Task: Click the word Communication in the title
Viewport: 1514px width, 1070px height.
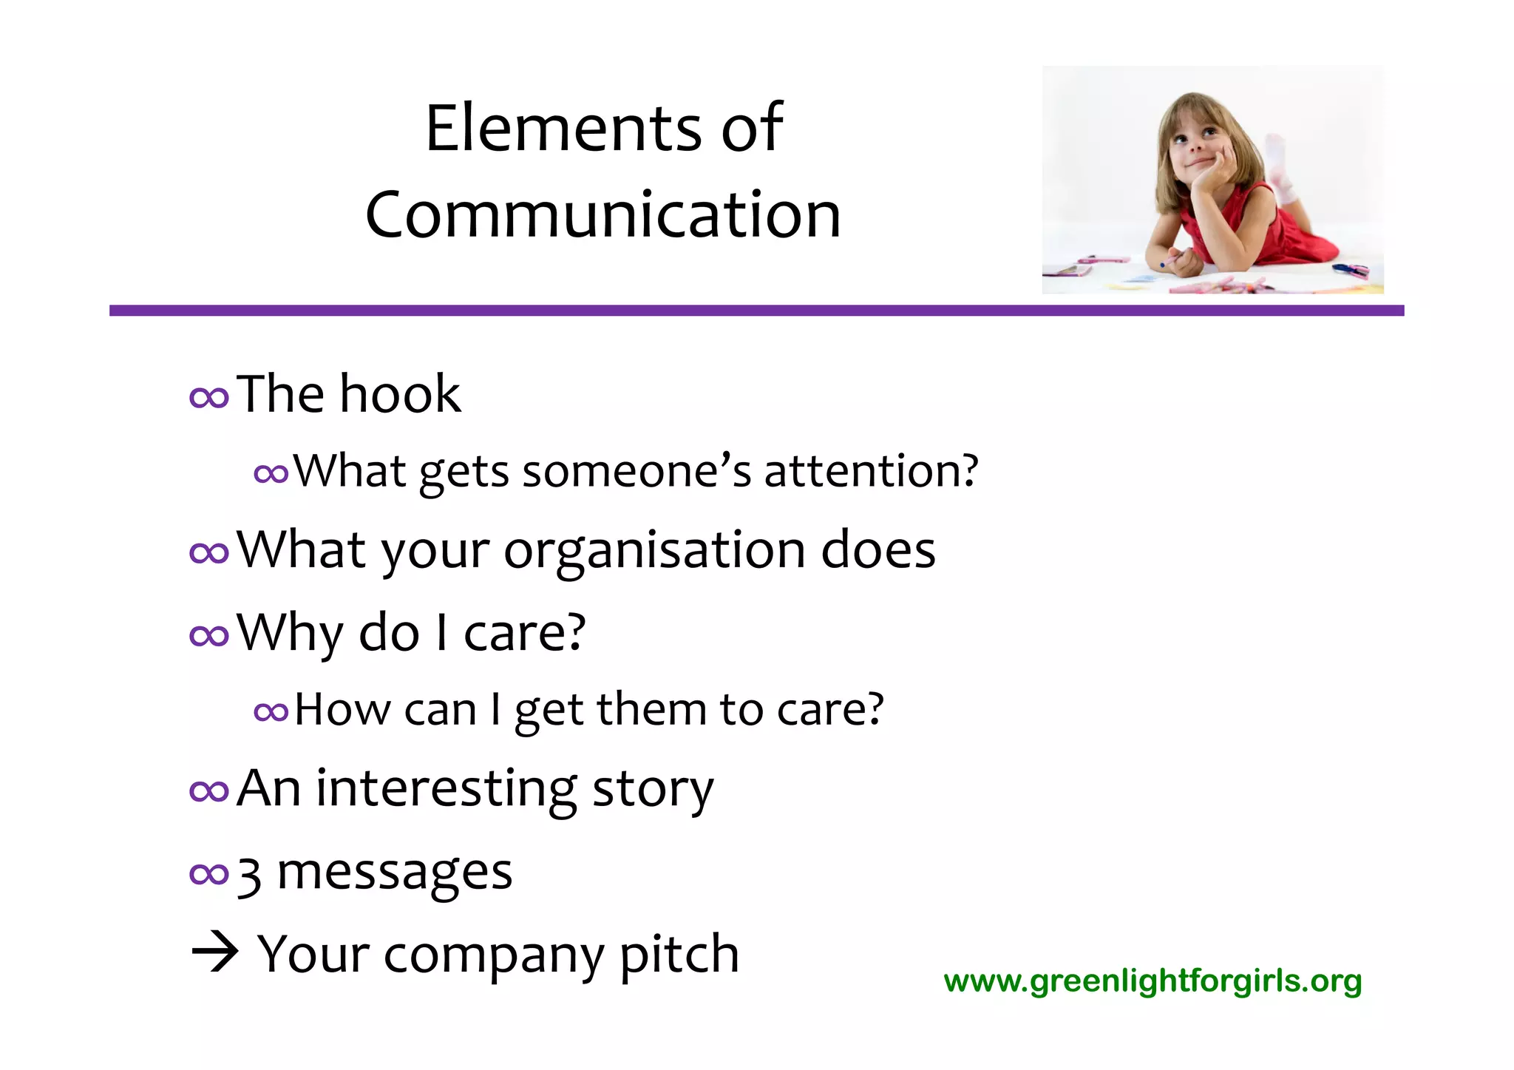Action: click(602, 214)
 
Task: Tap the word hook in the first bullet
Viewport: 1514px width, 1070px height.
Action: click(400, 393)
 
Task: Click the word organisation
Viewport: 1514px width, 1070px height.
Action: click(655, 550)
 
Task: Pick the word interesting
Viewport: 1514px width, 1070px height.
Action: click(447, 788)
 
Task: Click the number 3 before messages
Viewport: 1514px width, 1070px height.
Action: click(250, 875)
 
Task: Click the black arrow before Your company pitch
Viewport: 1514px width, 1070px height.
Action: click(214, 953)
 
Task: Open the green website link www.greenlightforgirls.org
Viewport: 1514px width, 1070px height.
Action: click(1153, 981)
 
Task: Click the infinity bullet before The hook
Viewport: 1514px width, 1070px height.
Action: click(209, 398)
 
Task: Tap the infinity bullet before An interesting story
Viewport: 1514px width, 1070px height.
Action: click(209, 791)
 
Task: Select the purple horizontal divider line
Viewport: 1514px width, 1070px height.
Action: click(756, 311)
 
